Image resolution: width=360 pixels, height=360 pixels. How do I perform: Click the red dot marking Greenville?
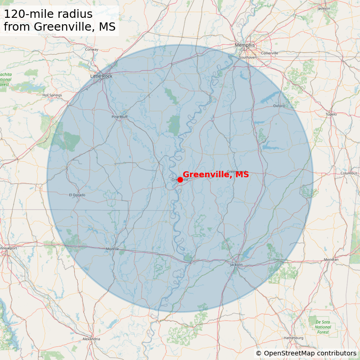[180, 180]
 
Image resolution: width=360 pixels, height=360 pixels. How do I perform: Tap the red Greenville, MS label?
[216, 175]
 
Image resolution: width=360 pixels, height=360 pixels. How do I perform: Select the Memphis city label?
[244, 45]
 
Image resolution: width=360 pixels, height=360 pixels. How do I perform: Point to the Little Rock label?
[101, 76]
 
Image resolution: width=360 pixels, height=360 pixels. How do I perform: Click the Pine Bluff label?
[120, 117]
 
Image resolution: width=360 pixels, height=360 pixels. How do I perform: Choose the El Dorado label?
[77, 195]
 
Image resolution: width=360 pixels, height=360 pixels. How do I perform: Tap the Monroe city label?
[112, 249]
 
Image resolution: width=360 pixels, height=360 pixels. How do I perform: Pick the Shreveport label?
[7, 248]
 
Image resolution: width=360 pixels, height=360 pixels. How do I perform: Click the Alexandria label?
[91, 339]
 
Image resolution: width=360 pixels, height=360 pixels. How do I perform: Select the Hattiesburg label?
[293, 338]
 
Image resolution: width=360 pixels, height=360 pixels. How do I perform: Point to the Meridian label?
[331, 259]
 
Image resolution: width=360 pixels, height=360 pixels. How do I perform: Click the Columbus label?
[349, 173]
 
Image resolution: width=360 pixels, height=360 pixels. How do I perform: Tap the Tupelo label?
[331, 114]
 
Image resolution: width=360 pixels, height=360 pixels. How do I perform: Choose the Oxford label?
[279, 106]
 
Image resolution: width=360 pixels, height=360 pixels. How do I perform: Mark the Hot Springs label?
[52, 95]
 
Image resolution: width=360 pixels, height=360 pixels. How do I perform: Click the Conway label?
[91, 49]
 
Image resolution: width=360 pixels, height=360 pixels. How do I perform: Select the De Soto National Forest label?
[323, 327]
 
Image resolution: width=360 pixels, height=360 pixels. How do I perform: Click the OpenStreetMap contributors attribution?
[306, 353]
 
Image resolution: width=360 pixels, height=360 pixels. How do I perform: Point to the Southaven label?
[248, 58]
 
